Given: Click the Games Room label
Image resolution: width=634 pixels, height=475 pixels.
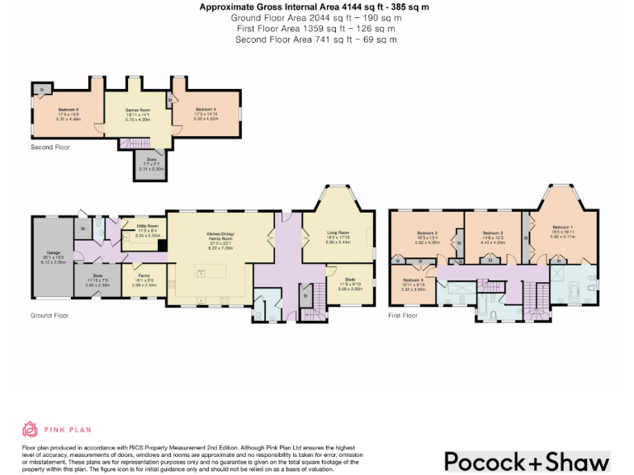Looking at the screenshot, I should click(x=137, y=110).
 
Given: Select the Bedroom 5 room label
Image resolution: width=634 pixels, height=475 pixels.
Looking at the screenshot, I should click(x=206, y=110).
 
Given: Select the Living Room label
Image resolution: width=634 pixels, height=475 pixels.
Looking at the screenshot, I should click(x=338, y=233).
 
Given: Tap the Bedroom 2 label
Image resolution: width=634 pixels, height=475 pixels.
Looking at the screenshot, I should click(x=493, y=233).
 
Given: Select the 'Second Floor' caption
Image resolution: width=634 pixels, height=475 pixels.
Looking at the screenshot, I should click(x=50, y=148).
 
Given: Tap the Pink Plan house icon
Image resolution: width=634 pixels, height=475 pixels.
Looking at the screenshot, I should click(x=30, y=429).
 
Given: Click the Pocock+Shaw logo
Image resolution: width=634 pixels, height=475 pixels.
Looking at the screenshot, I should click(x=527, y=460).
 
